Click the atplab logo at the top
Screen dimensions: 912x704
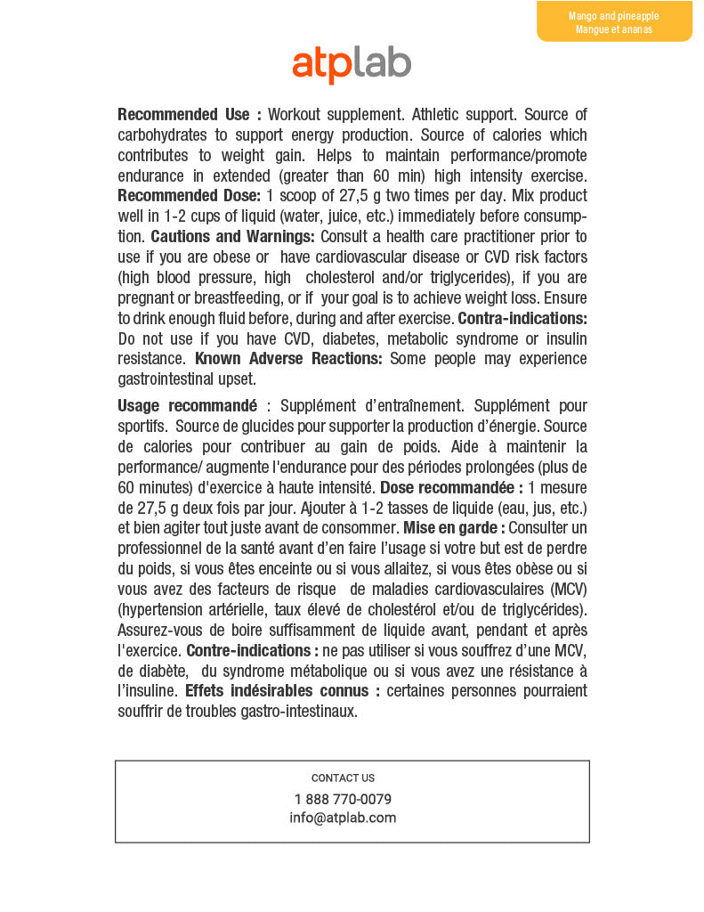point(352,64)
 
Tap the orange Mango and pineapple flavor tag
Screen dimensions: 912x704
point(614,22)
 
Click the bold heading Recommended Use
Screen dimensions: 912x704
point(189,115)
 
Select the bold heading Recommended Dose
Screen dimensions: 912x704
point(189,196)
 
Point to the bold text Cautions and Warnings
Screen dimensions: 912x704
point(232,237)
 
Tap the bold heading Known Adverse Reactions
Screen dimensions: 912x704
point(288,359)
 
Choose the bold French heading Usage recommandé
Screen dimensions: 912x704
point(187,406)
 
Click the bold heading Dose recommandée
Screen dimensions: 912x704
point(451,487)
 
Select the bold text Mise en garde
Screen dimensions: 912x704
point(453,528)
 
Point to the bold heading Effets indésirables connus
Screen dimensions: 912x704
point(282,691)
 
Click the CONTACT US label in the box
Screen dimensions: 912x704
point(343,778)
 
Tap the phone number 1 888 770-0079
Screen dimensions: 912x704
point(343,799)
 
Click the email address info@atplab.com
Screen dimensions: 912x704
point(343,818)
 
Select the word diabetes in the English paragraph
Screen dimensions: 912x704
point(351,338)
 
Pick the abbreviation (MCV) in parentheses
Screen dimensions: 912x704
point(568,590)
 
